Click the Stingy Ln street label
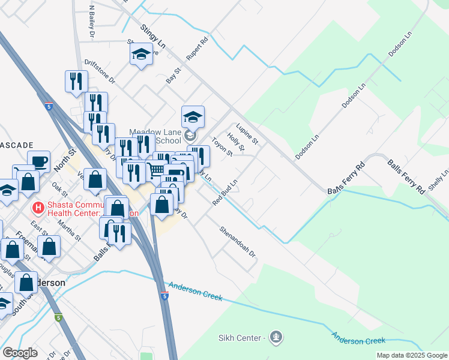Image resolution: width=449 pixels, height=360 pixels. (153, 36)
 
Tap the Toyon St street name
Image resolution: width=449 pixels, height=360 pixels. (222, 147)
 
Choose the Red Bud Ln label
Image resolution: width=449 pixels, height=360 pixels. (225, 191)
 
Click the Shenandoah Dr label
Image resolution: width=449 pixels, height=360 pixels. (238, 242)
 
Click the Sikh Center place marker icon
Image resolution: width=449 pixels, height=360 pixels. (276, 337)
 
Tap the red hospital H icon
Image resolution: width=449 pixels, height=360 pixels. (38, 208)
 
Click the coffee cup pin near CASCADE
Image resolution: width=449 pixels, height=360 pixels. (40, 161)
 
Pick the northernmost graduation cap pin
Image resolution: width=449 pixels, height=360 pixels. (141, 55)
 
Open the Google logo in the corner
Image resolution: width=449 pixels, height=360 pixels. (20, 353)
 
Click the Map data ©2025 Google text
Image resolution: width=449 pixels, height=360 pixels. (412, 355)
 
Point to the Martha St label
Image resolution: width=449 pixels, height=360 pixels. (69, 230)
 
